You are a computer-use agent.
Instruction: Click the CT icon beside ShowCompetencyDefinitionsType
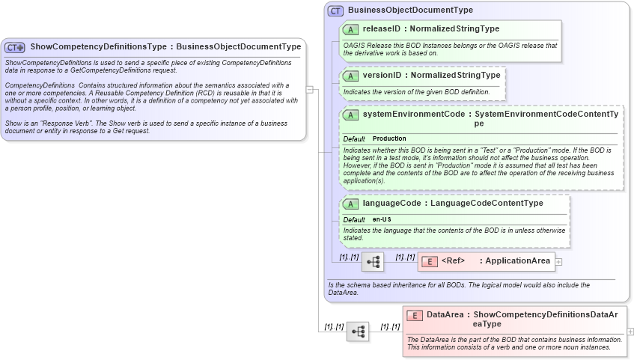[x=15, y=47]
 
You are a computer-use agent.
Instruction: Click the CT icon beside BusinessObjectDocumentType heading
[x=335, y=10]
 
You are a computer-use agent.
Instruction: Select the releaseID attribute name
[x=381, y=29]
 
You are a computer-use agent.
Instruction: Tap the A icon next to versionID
[x=350, y=76]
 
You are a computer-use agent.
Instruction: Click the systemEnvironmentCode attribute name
[x=412, y=115]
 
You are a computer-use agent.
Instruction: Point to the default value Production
[x=389, y=138]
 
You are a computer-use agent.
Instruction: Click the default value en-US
[x=382, y=219]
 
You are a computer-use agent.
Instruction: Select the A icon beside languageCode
[x=350, y=204]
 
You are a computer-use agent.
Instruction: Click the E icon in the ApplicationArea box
[x=430, y=261]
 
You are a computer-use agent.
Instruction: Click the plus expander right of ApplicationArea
[x=558, y=262]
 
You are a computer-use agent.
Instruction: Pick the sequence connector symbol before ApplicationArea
[x=373, y=262]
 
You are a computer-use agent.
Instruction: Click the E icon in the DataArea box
[x=414, y=315]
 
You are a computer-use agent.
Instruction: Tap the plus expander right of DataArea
[x=630, y=331]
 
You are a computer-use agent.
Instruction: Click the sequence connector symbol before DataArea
[x=358, y=331]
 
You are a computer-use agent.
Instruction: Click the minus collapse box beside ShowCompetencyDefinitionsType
[x=309, y=89]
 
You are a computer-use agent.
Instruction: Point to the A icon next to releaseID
[x=350, y=29]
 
